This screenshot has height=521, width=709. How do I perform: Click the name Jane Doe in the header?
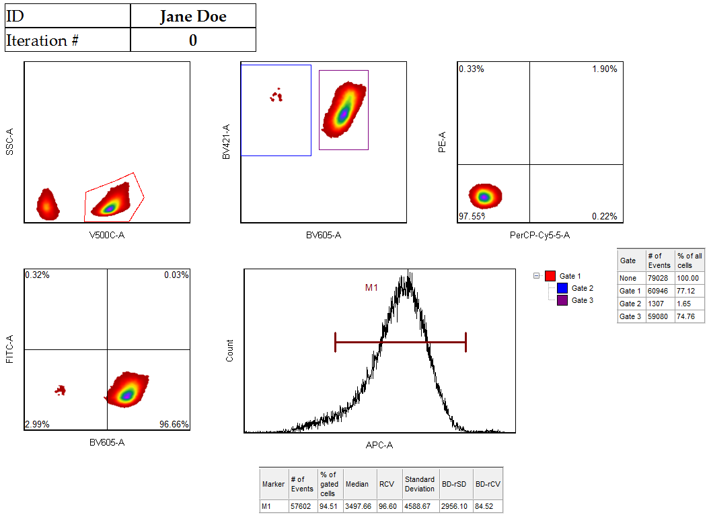pyautogui.click(x=193, y=16)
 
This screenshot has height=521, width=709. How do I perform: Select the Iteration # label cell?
pyautogui.click(x=42, y=40)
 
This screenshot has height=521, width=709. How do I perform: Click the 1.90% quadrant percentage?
pyautogui.click(x=604, y=69)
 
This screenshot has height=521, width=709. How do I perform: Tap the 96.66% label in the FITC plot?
pyautogui.click(x=174, y=425)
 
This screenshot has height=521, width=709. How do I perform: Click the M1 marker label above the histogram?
pyautogui.click(x=371, y=288)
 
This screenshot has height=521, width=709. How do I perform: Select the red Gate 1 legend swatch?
pyautogui.click(x=550, y=276)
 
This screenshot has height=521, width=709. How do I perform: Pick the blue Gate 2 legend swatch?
pyautogui.click(x=562, y=288)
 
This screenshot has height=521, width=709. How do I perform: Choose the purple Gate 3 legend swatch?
pyautogui.click(x=562, y=300)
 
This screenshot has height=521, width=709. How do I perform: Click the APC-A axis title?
pyautogui.click(x=379, y=445)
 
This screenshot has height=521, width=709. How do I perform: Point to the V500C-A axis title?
pyautogui.click(x=107, y=235)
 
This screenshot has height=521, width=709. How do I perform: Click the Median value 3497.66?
pyautogui.click(x=357, y=506)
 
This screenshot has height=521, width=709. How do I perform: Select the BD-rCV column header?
pyautogui.click(x=488, y=484)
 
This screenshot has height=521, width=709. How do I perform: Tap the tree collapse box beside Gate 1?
pyautogui.click(x=537, y=276)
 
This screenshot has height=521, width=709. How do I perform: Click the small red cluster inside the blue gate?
pyautogui.click(x=276, y=96)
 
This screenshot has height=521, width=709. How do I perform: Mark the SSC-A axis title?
pyautogui.click(x=9, y=142)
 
